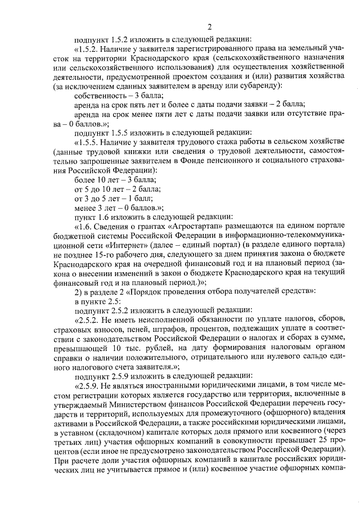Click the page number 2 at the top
[209, 27]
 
